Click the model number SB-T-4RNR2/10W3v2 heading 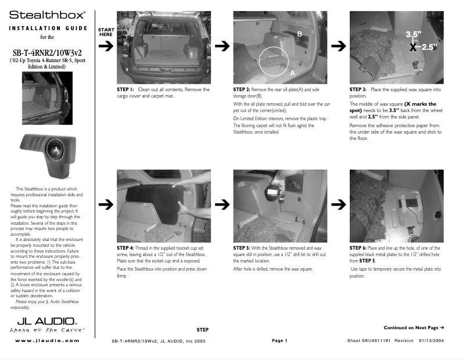(47, 53)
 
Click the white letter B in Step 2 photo (300, 34)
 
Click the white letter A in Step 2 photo (292, 73)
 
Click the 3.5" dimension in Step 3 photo (414, 34)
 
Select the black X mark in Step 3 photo (413, 48)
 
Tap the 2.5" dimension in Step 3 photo (429, 48)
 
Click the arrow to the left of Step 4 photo (105, 204)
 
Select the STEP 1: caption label (126, 90)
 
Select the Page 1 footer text (279, 340)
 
